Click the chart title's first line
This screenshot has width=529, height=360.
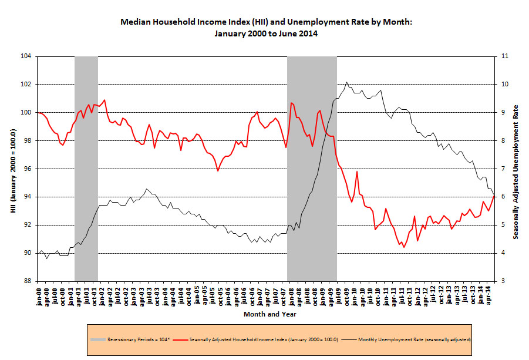point(267,22)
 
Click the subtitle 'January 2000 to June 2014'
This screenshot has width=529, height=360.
point(267,33)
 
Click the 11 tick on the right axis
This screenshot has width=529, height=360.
point(503,56)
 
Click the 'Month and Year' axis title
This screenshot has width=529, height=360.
point(269,314)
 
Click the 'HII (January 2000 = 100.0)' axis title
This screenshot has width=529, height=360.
point(12,169)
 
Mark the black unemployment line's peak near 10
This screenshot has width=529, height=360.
point(347,82)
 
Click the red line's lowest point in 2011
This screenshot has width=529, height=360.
point(404,247)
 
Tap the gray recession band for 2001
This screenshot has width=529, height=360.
point(86,169)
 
